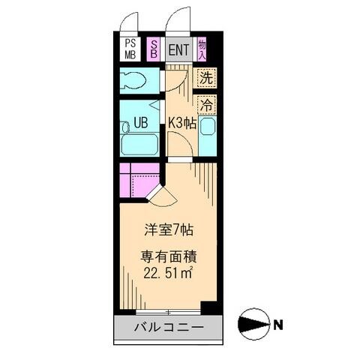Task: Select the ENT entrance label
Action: point(178,50)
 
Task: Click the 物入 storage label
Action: point(202,49)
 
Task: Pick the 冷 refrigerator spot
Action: point(206,104)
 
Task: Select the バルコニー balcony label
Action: point(169,327)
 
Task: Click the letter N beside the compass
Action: point(278,325)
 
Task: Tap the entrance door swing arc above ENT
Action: point(177,19)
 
